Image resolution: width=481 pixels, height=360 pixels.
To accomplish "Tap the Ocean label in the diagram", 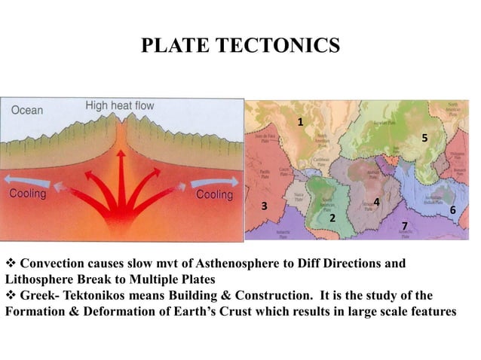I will (27, 110).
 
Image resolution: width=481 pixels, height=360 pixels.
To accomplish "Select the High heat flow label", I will (120, 105).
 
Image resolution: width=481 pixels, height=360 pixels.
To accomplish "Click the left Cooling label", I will (28, 194).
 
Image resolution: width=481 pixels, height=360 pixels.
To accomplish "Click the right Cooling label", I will (214, 195).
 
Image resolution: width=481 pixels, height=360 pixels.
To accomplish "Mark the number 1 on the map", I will (300, 122).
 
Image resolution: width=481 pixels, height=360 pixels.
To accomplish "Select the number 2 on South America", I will (332, 218).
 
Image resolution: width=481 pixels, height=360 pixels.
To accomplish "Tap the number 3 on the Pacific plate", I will (264, 206).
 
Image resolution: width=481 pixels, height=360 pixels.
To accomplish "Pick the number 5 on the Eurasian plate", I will (424, 138).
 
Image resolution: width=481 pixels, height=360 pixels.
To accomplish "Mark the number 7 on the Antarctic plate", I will (404, 226).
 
